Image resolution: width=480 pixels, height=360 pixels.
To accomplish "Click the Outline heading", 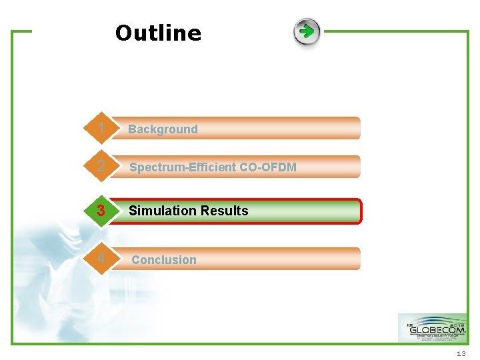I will [158, 33].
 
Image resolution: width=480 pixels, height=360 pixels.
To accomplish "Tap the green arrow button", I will [307, 31].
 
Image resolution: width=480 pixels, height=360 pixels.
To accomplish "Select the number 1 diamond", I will [100, 128].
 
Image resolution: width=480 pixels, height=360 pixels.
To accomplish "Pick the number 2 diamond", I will [100, 167].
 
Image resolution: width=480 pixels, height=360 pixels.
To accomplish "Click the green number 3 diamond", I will [100, 211].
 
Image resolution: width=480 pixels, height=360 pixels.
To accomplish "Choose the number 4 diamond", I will [100, 258].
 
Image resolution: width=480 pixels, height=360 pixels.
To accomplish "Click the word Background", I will [163, 129].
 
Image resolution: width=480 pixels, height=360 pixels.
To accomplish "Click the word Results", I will [223, 211].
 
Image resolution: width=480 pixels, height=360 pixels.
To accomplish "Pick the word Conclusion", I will [163, 260].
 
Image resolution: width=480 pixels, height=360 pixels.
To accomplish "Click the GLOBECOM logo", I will [432, 328].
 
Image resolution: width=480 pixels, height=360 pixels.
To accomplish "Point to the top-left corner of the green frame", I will [13, 31].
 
